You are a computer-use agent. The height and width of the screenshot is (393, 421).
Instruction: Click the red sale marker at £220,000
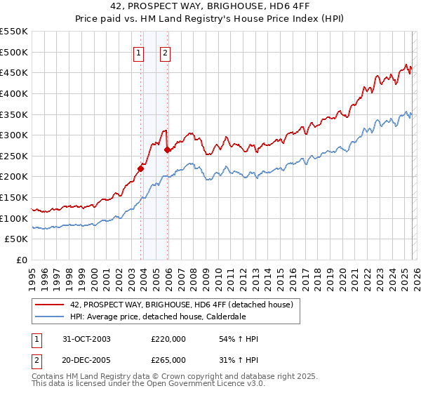(141, 168)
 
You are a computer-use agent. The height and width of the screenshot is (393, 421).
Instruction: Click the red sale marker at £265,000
(168, 149)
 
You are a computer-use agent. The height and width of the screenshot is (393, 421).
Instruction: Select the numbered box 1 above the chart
(138, 52)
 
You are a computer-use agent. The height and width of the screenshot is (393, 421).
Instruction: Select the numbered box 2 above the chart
(165, 52)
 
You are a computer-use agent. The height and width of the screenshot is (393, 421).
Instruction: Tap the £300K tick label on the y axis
(14, 135)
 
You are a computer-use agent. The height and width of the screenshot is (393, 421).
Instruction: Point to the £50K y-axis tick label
(17, 239)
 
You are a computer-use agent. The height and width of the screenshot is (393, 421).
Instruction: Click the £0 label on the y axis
(22, 260)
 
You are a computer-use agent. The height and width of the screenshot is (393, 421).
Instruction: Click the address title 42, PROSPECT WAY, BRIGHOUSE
(210, 8)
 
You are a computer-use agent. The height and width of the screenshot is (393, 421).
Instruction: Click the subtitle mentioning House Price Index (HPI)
(210, 20)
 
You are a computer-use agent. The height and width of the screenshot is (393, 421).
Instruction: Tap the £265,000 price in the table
(168, 359)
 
